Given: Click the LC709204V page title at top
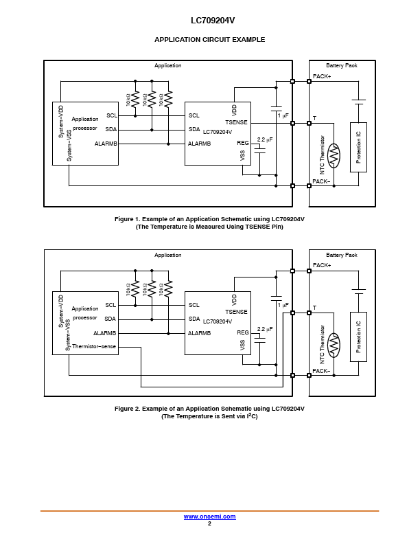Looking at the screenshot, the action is [x=213, y=21].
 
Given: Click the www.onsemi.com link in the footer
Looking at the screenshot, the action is [x=209, y=517].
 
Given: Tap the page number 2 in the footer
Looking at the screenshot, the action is [x=209, y=523].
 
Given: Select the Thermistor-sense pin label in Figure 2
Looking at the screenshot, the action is [x=94, y=346].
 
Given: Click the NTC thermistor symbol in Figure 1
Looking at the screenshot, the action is [x=334, y=156].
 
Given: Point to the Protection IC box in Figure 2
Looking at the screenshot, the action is [x=358, y=337].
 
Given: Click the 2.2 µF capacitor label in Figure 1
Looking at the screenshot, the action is [x=265, y=139].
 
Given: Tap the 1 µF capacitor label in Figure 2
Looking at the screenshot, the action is [x=283, y=305].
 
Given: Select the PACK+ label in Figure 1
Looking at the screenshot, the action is [x=322, y=76].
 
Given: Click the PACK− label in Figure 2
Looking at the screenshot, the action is [x=321, y=371].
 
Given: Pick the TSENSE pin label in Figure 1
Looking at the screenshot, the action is [x=236, y=122].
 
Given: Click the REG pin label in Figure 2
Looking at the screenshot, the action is [x=242, y=332].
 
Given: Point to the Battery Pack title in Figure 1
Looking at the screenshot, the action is [x=341, y=65].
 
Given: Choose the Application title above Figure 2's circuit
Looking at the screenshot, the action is [x=167, y=255].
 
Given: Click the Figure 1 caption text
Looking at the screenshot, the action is [x=209, y=223].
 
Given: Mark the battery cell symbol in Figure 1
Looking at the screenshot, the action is [x=359, y=102].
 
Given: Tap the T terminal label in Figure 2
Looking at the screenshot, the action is [x=314, y=308].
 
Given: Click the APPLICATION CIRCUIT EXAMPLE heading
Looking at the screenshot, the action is [x=209, y=40].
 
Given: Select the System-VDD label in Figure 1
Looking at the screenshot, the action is [x=61, y=122].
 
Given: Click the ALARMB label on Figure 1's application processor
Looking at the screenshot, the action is [x=106, y=144].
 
